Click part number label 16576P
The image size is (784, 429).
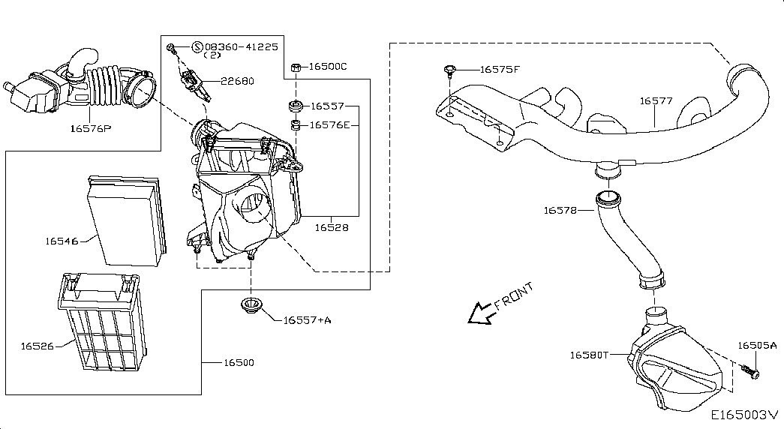(x=90, y=128)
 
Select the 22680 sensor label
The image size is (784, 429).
(x=237, y=82)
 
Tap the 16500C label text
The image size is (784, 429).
(x=328, y=67)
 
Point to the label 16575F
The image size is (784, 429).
(x=500, y=70)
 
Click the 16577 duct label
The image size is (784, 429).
(x=656, y=100)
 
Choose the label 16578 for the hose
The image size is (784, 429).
(x=560, y=211)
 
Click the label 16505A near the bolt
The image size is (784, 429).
(x=757, y=346)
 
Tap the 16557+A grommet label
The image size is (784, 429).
(x=307, y=320)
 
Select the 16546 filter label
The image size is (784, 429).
(x=62, y=241)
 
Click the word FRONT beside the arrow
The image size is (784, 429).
(x=514, y=296)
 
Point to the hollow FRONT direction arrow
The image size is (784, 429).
(x=478, y=313)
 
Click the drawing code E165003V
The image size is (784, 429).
(x=744, y=415)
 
